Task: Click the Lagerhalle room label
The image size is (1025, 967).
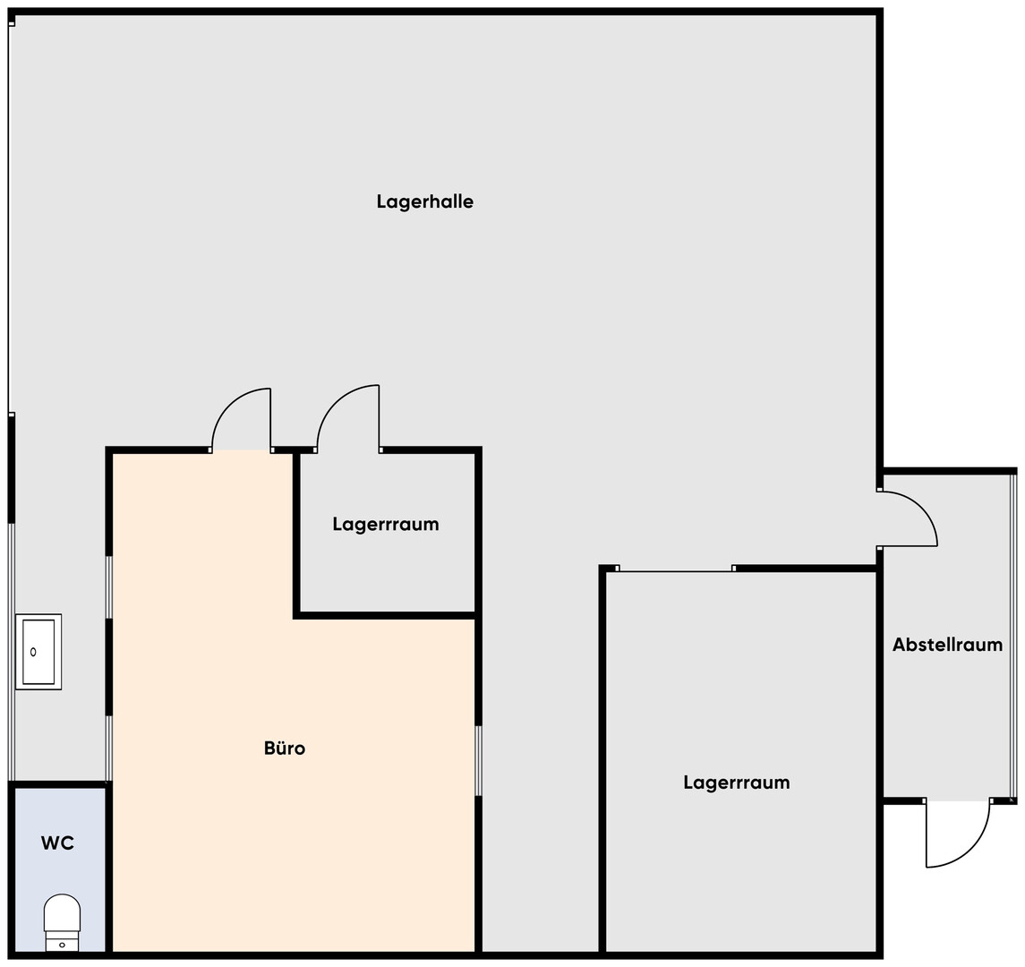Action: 425,201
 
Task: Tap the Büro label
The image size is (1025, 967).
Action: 285,748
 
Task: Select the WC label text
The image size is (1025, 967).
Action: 57,843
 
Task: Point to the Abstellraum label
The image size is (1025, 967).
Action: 947,645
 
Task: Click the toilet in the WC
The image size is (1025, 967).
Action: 62,922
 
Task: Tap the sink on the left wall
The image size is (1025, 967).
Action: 38,652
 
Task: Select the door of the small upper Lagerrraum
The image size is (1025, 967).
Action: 347,418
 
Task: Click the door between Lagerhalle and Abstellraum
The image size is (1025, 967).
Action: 909,518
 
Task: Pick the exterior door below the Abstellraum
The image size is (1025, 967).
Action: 958,833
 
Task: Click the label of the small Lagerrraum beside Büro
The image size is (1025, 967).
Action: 386,525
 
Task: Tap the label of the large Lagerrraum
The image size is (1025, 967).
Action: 737,783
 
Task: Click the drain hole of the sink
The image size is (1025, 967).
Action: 33,652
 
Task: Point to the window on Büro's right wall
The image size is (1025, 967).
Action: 479,760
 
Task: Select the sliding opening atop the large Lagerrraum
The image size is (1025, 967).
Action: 675,569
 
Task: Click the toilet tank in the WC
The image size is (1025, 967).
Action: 62,942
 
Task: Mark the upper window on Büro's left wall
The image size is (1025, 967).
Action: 109,587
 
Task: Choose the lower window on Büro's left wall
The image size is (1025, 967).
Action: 109,749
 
